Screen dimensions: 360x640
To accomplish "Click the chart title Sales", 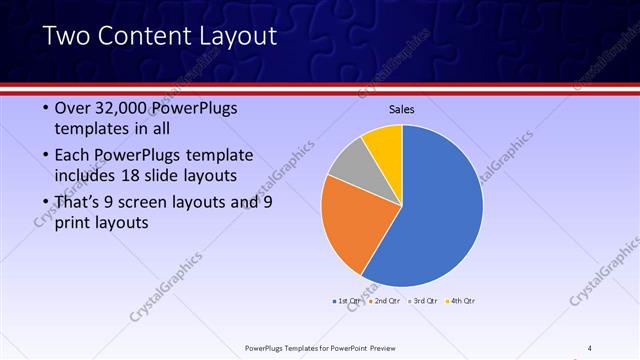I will coord(402,110).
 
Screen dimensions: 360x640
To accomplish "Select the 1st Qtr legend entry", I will coord(348,299).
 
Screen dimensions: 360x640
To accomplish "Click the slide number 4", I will coord(590,348).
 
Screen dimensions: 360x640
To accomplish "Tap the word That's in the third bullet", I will coord(77,203).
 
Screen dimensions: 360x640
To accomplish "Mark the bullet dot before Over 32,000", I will coord(43,109).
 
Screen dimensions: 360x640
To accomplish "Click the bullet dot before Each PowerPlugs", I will coord(43,156).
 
